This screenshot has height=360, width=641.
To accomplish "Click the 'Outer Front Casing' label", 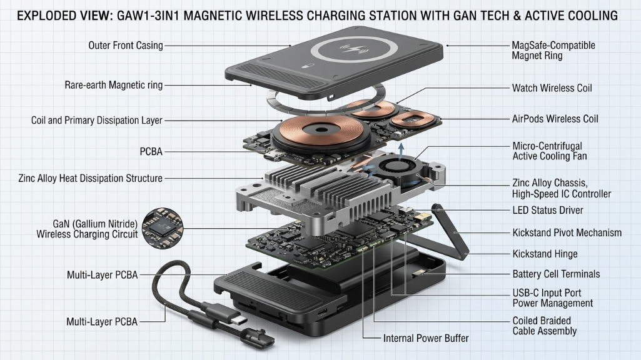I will click(x=125, y=45).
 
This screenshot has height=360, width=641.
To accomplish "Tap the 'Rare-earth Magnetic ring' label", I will click(x=114, y=84).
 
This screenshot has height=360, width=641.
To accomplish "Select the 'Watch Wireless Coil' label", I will click(x=552, y=88).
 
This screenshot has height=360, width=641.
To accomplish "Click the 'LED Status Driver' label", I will click(x=548, y=210).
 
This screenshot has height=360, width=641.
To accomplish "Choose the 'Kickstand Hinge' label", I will click(x=545, y=254).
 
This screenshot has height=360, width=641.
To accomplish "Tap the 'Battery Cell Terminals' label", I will click(x=556, y=274).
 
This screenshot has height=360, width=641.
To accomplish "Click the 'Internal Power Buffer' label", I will click(x=426, y=338).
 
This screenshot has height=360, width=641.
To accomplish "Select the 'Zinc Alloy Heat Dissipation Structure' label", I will click(x=91, y=178).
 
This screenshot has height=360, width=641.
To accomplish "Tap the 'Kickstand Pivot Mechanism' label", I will click(x=567, y=232).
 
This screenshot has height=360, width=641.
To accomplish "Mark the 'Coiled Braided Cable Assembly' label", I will click(x=544, y=326).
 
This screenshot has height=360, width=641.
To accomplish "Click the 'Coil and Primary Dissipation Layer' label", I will click(x=97, y=120).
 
